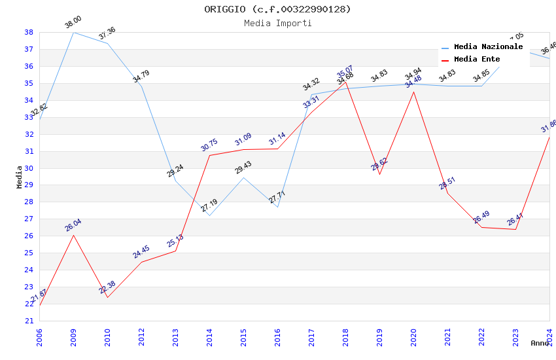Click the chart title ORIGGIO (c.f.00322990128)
[277, 9]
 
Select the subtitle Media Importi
[277, 23]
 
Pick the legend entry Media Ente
[477, 59]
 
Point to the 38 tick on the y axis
[29, 32]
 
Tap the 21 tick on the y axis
[29, 321]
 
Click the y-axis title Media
[20, 176]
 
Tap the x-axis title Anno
[540, 343]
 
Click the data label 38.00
[73, 24]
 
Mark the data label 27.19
[209, 207]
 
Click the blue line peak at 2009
[73, 32]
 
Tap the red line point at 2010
[107, 297]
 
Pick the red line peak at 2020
[413, 92]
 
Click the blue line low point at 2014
[209, 215]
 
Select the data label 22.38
[107, 287]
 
